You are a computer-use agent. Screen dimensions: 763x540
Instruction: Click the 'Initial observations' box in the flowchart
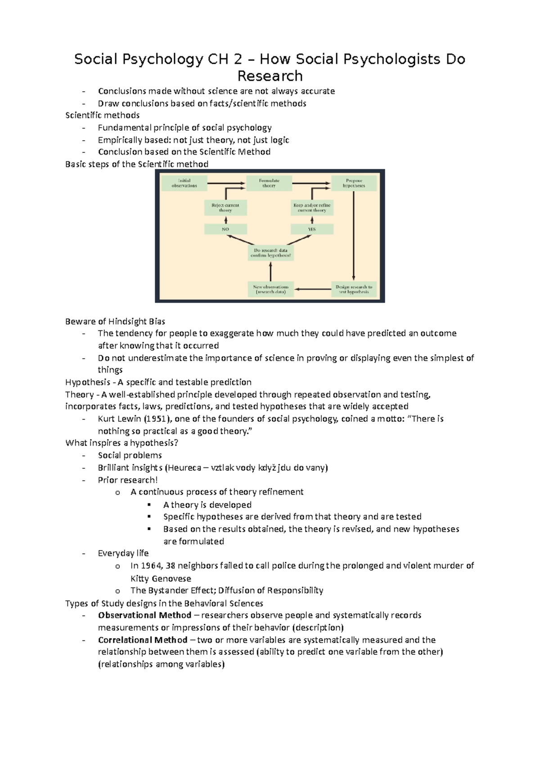pos(184,183)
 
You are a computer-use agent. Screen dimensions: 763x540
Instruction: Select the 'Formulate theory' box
pos(269,183)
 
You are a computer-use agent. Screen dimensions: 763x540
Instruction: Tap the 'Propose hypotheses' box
pos(354,183)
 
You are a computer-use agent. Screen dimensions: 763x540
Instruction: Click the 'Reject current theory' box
pos(225,208)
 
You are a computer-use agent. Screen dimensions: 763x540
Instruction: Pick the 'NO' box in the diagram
pos(225,229)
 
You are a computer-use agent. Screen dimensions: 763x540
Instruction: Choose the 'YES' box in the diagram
pos(312,229)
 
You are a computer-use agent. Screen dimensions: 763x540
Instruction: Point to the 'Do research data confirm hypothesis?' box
pos(270,253)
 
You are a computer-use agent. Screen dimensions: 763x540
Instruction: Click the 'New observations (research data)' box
pos(270,289)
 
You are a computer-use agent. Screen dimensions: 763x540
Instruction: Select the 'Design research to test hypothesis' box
pos(354,289)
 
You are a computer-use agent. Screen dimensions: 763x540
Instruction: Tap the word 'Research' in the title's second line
pos(270,75)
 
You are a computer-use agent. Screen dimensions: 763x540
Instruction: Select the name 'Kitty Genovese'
pos(161,578)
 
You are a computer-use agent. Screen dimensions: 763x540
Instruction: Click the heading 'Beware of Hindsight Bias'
pos(115,321)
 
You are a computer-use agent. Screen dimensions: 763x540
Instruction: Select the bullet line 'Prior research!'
pos(128,480)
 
